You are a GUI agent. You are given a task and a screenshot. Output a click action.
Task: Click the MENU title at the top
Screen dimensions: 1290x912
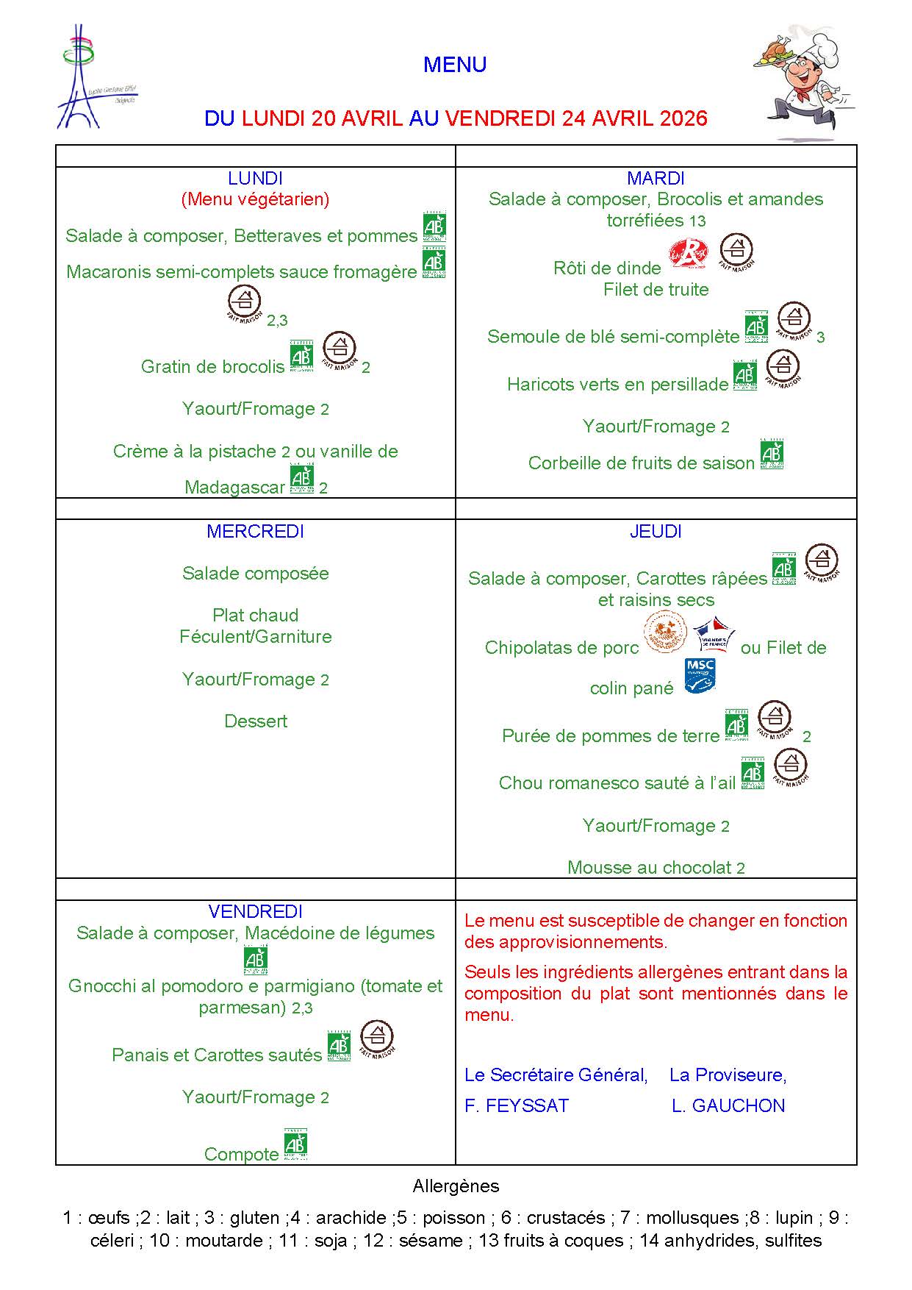tap(455, 65)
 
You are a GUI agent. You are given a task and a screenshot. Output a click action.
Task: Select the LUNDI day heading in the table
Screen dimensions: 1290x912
tap(255, 178)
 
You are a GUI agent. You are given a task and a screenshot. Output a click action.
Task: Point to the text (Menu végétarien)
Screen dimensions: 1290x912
tap(255, 199)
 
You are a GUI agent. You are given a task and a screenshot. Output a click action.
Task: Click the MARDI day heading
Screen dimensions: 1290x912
tap(656, 178)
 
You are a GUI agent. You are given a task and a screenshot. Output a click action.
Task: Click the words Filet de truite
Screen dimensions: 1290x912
tap(656, 290)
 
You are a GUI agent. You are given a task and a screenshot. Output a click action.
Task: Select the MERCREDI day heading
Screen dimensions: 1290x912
tap(255, 531)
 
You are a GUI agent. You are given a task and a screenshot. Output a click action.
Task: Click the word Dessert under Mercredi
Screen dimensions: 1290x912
tap(255, 721)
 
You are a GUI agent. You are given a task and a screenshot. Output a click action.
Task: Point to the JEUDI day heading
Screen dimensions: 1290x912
tap(656, 531)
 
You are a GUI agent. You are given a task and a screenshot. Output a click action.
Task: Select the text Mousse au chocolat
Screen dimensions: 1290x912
tap(650, 868)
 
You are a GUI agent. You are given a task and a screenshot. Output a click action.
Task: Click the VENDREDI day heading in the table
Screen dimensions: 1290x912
tap(255, 912)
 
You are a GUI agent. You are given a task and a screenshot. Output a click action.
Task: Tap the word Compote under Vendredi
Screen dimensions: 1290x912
tap(241, 1154)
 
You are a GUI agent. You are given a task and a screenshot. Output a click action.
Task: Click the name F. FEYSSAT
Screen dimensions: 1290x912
tap(517, 1105)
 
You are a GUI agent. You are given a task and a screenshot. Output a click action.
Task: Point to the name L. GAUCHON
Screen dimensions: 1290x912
tap(728, 1105)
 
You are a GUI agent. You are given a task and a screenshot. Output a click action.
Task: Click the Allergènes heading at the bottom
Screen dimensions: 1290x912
tap(456, 1186)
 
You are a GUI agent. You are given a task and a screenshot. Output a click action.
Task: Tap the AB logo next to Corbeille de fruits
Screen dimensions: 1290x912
tap(772, 454)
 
